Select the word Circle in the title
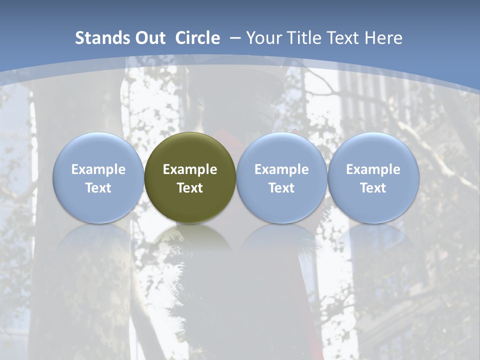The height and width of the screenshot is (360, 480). point(197,38)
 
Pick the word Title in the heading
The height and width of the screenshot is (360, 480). point(302,38)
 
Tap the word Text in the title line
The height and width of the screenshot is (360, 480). point(343,38)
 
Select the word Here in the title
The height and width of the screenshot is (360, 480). point(383,38)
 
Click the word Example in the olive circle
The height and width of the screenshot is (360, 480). point(190,169)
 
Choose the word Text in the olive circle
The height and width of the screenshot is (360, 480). point(190,188)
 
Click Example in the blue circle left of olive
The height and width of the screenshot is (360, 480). point(98,169)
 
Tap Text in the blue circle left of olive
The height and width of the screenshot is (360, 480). point(98,188)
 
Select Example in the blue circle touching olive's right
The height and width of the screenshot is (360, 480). point(281,169)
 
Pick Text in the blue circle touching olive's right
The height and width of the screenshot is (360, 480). point(281,188)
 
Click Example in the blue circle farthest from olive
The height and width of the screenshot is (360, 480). point(373,169)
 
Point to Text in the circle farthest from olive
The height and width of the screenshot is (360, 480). point(373,188)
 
